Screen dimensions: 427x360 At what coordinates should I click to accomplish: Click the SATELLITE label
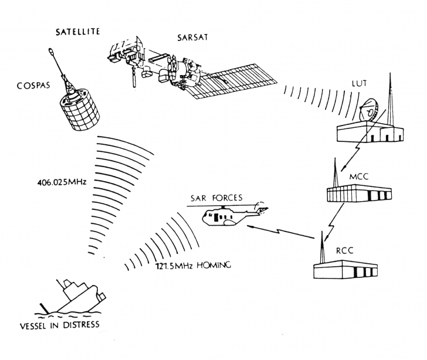[x=77, y=32]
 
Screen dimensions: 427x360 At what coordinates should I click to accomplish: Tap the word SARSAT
[x=192, y=38]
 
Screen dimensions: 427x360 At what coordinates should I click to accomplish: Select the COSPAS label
[x=33, y=86]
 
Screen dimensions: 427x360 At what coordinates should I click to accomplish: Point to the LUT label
[x=360, y=84]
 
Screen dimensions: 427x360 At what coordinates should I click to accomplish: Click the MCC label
[x=358, y=176]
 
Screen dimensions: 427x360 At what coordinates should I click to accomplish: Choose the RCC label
[x=344, y=250]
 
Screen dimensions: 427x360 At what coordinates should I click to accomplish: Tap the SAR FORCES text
[x=216, y=198]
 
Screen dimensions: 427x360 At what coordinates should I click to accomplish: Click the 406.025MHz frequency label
[x=62, y=182]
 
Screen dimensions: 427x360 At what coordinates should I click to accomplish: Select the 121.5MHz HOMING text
[x=193, y=265]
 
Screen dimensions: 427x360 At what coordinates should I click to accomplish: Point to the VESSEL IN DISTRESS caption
[x=60, y=325]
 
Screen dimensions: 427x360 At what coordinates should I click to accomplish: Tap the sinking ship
[x=72, y=298]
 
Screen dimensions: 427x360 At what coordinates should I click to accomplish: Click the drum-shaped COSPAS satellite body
[x=80, y=111]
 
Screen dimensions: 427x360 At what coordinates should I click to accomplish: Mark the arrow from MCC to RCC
[x=334, y=223]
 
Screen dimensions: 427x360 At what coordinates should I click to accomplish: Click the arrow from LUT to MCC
[x=364, y=140]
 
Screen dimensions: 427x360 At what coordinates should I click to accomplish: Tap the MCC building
[x=359, y=193]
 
